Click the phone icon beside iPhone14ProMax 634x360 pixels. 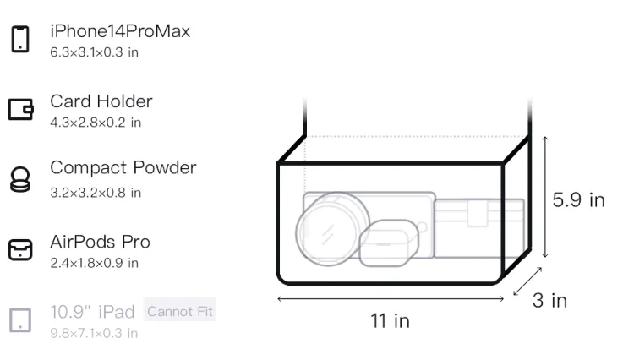[x=20, y=39]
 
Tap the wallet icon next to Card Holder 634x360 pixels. [x=20, y=109]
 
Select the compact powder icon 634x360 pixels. [x=19, y=179]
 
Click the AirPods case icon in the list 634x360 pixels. [x=20, y=249]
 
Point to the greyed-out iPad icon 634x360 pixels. [x=20, y=320]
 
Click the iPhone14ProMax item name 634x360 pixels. [x=120, y=31]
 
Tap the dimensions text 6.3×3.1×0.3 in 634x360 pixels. [x=94, y=52]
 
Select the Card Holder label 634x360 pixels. [x=101, y=101]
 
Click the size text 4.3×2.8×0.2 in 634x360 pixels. [x=96, y=123]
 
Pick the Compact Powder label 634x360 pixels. [x=123, y=168]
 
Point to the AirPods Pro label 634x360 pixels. [x=101, y=242]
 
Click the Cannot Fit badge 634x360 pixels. [x=180, y=312]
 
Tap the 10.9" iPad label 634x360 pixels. [x=92, y=312]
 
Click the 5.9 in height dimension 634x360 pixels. [x=578, y=200]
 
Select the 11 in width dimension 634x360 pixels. [x=391, y=321]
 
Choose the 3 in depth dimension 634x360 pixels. [x=550, y=301]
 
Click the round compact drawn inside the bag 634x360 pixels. [x=332, y=229]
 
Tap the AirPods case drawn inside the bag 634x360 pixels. [x=389, y=243]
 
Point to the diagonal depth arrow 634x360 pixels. [x=527, y=281]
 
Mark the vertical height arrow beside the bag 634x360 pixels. [x=545, y=197]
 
